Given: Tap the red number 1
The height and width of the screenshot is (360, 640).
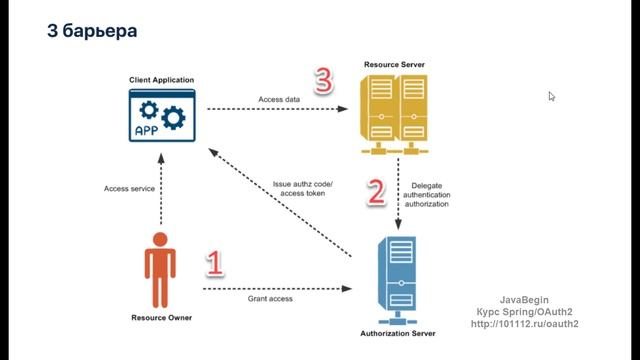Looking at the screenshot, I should tap(214, 263).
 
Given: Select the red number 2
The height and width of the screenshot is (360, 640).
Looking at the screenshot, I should tap(375, 191).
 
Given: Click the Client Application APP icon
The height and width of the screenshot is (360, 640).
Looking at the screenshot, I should tap(161, 115).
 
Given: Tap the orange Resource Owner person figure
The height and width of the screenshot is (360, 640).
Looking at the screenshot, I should tap(158, 269).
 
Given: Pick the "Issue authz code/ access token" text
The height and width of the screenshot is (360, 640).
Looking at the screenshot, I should tap(302, 189).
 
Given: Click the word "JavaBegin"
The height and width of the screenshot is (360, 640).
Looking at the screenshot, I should tap(526, 299).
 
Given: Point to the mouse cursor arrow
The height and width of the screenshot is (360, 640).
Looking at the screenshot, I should tap(551, 96).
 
